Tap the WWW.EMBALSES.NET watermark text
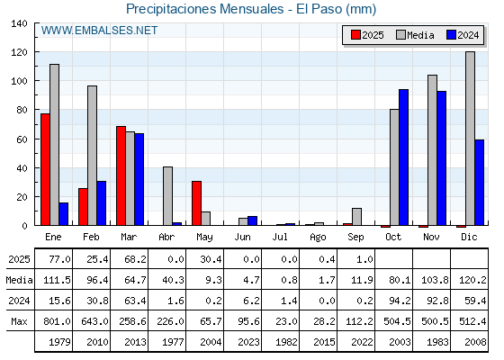click(99, 31)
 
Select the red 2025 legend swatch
click(355, 35)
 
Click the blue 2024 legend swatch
click(451, 35)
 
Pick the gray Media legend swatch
click(400, 35)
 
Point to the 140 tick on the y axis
click(19, 23)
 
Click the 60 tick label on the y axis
click(22, 139)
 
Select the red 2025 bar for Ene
click(45, 169)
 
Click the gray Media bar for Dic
click(470, 139)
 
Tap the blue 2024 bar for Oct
click(404, 157)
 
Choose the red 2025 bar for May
click(197, 203)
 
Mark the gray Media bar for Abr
click(167, 196)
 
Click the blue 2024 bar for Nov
click(442, 158)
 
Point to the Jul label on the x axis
click(280, 238)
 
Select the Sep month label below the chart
click(355, 238)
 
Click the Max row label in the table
click(19, 321)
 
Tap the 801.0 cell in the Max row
click(58, 321)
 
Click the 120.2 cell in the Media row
click(472, 280)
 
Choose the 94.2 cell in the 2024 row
click(400, 301)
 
